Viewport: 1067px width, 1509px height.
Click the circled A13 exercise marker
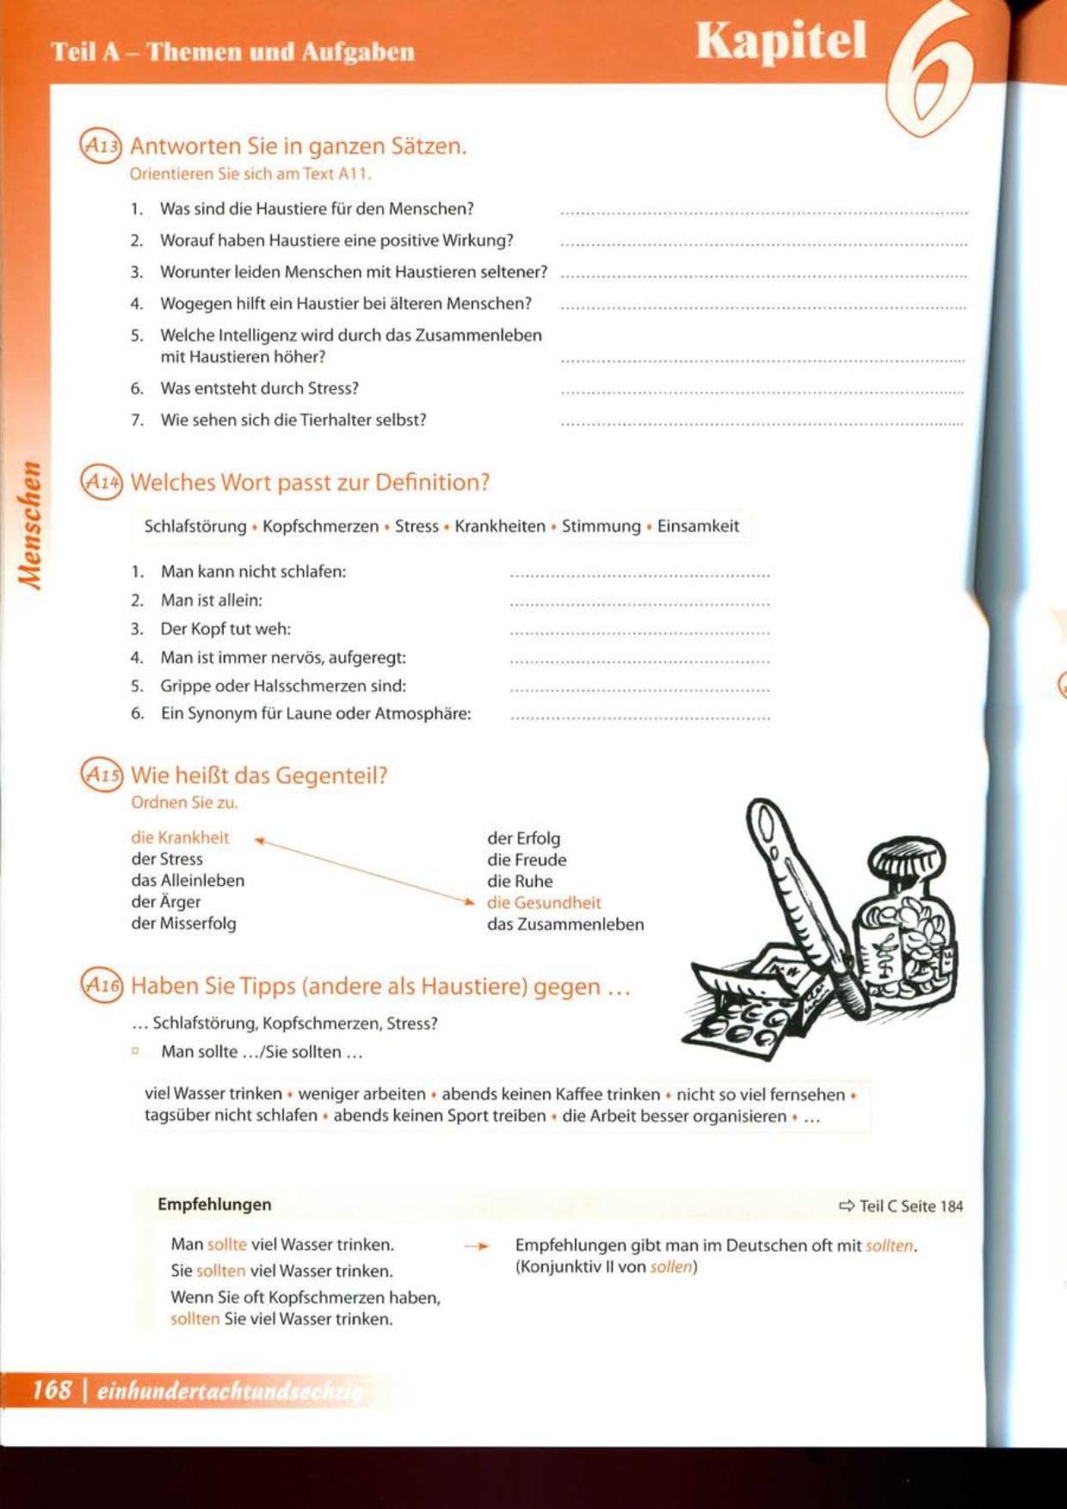click(101, 145)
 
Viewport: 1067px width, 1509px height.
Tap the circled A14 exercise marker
click(102, 482)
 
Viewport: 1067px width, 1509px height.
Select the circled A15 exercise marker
click(102, 774)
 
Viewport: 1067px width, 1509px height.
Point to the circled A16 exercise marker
click(102, 985)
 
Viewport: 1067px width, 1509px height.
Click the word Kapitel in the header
click(780, 40)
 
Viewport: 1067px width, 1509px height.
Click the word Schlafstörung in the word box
click(195, 527)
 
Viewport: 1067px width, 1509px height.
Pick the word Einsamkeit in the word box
click(698, 527)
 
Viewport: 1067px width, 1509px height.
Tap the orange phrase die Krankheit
click(180, 837)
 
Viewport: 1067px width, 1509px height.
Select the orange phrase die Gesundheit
click(544, 902)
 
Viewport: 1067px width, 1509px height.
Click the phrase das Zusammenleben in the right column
click(565, 925)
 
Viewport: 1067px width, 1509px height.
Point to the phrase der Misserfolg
click(183, 923)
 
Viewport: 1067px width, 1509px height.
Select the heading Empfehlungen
click(214, 1204)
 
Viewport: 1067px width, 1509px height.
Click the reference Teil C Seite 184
click(902, 1206)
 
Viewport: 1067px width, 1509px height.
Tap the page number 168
click(52, 1389)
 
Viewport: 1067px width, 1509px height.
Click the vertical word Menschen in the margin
click(32, 526)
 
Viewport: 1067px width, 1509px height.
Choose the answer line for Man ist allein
click(639, 604)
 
